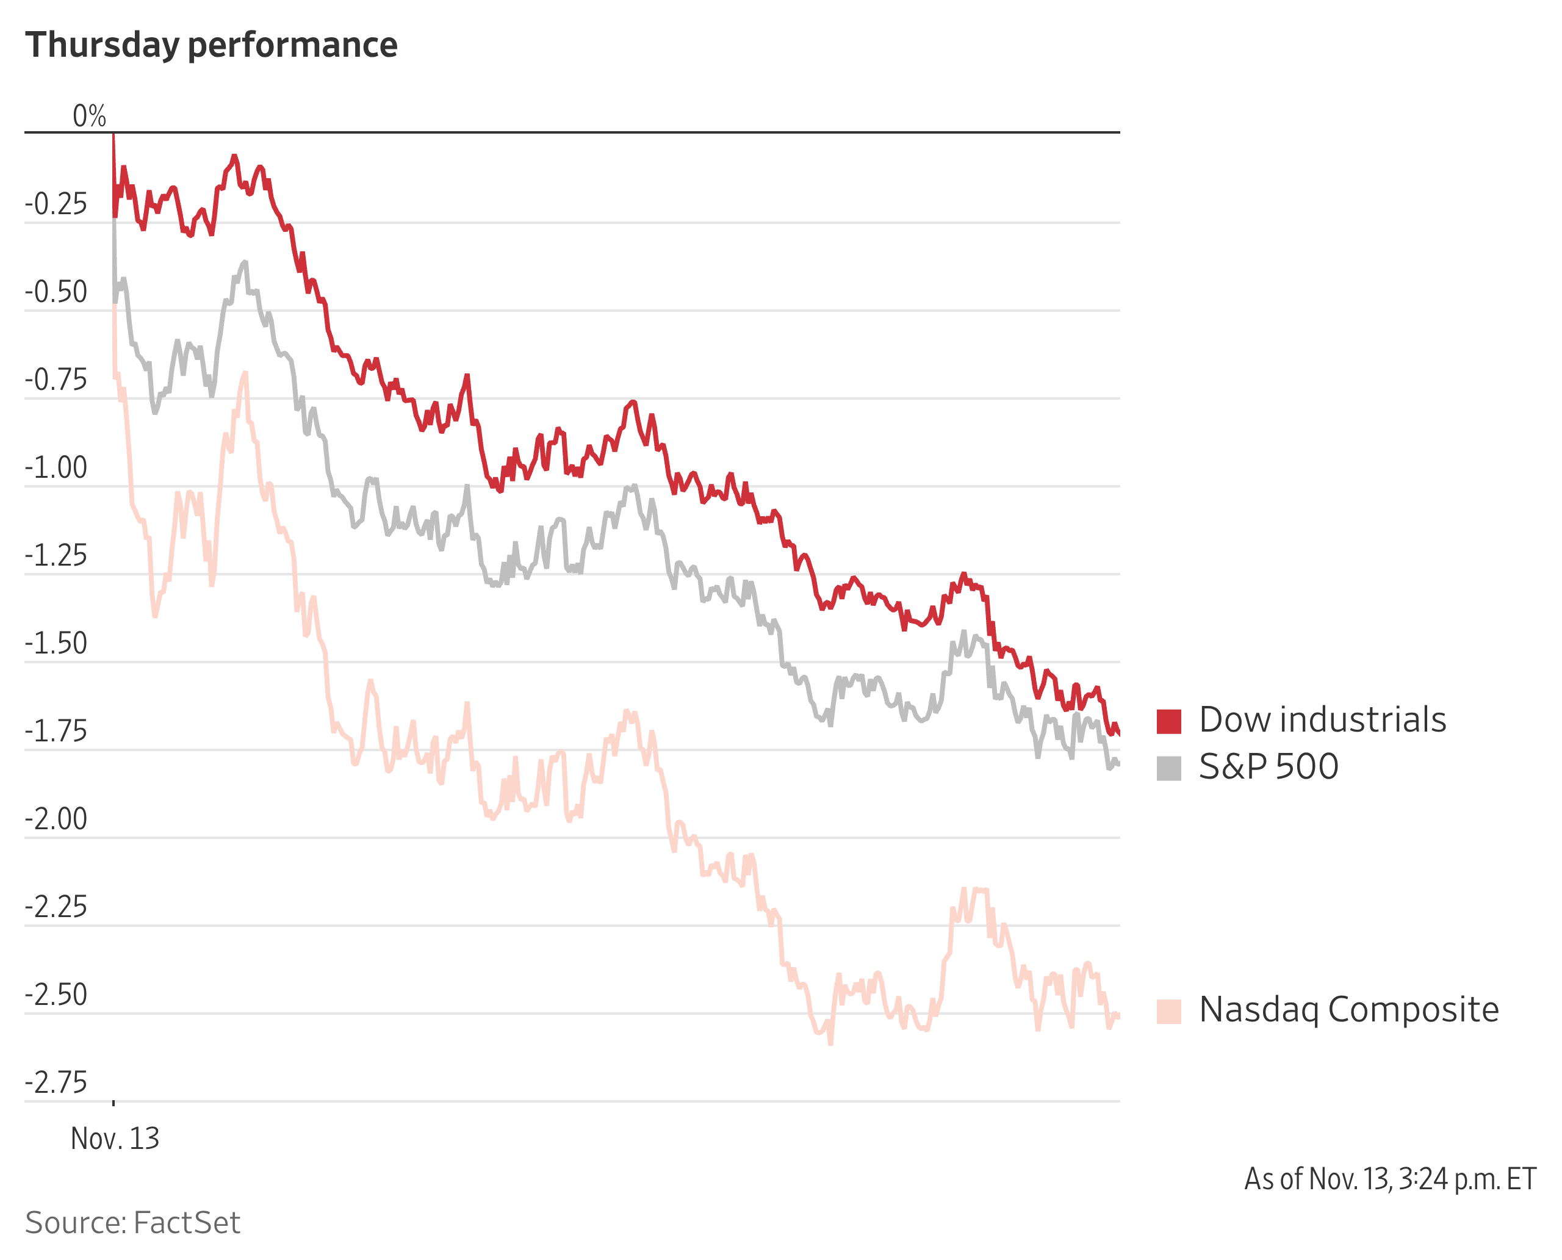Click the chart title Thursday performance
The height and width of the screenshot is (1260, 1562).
(x=211, y=45)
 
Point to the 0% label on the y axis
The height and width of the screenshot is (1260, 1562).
(x=89, y=116)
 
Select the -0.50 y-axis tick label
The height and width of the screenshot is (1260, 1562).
(x=56, y=292)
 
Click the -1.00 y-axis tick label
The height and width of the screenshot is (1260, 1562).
(x=56, y=468)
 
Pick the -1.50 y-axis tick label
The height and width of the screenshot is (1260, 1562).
(x=56, y=644)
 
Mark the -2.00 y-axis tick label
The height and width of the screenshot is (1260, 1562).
(x=56, y=819)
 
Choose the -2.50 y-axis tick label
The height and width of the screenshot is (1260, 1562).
(x=56, y=995)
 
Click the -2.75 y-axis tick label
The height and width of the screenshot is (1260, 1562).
(x=56, y=1083)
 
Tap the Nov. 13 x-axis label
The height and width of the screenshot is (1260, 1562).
(x=115, y=1139)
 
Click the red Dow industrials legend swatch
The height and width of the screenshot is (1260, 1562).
(x=1168, y=721)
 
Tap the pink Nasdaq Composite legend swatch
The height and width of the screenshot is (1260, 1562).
(x=1168, y=1011)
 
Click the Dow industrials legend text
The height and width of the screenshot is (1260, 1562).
(x=1322, y=720)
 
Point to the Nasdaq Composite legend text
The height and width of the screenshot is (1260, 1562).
(x=1348, y=1010)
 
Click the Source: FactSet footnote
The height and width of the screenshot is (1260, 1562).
(x=133, y=1223)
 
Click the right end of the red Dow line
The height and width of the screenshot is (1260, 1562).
(x=1118, y=734)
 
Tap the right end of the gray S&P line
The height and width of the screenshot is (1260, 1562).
(x=1118, y=763)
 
